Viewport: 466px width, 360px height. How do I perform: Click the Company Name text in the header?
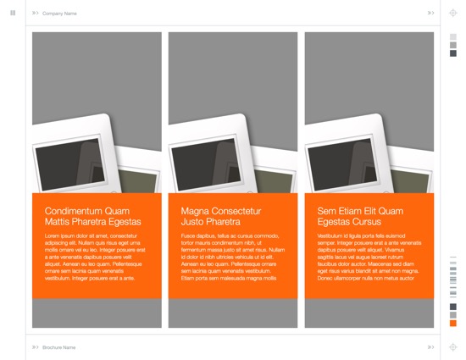point(59,14)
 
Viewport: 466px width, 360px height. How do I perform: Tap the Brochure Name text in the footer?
point(59,347)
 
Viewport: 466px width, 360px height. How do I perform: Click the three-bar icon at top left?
point(13,13)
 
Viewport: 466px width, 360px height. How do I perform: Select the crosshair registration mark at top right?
point(453,14)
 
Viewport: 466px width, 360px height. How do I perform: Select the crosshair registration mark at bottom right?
point(453,347)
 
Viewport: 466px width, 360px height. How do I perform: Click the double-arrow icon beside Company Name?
point(36,14)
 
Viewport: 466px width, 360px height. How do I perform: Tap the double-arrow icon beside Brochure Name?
point(36,347)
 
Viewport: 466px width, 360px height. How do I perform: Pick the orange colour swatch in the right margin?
point(453,324)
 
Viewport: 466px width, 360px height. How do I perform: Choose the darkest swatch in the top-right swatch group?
point(453,53)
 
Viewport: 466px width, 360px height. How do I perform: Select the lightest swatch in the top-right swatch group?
point(453,37)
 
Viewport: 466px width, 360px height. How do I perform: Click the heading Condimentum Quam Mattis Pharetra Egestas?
point(92,216)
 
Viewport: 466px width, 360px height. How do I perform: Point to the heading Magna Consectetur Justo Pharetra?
point(221,216)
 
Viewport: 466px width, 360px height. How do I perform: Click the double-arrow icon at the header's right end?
point(430,14)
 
